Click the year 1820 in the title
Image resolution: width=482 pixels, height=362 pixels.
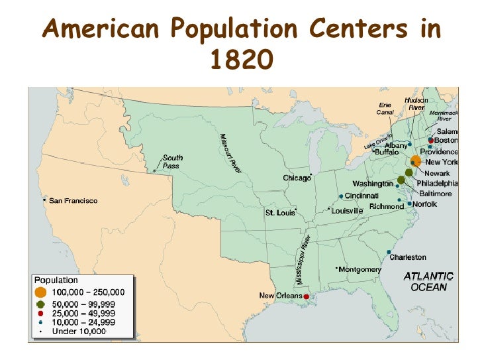241,60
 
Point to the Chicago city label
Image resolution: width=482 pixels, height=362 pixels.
297,178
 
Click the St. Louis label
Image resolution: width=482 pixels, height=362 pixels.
279,213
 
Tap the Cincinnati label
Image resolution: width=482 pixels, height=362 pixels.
361,196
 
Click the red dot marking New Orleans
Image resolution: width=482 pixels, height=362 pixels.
307,296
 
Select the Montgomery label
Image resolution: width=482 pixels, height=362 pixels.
360,269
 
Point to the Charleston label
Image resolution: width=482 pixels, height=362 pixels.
407,257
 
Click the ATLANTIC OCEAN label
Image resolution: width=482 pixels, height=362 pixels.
428,281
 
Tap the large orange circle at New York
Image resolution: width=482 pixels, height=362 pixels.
414,161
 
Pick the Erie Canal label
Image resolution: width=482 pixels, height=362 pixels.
385,108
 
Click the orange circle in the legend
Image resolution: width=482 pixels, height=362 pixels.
41,292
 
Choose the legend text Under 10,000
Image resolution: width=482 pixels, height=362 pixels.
79,330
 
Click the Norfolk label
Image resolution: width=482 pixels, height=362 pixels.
424,204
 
